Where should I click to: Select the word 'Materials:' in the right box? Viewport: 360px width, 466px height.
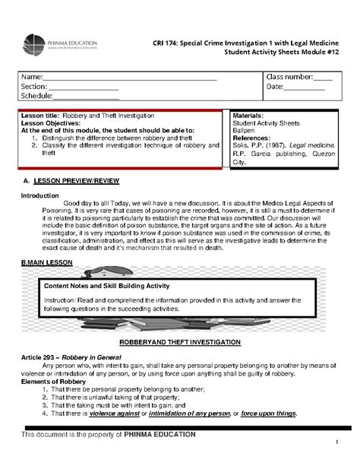(248, 113)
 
